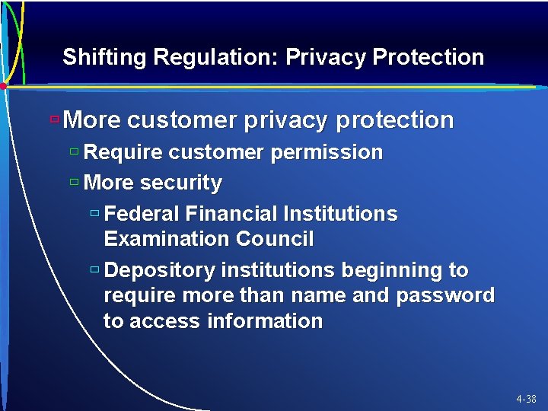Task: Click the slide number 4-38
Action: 525,399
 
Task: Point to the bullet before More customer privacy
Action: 54,119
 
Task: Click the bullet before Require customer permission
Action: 74,151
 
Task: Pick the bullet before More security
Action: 74,183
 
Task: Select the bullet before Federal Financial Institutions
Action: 94,214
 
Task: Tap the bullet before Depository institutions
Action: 94,270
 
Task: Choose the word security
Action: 181,183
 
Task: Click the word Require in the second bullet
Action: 123,152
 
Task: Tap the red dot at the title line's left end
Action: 3,87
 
